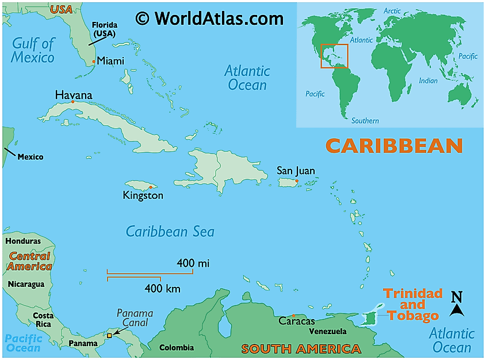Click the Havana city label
point(73,95)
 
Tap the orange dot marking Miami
point(94,61)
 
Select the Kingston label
point(143,196)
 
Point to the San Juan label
point(296,170)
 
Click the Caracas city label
point(296,321)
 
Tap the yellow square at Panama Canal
point(109,335)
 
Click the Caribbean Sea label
point(170,232)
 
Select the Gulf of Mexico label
point(33,50)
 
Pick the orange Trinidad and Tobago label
point(413,304)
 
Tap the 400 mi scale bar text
point(193,263)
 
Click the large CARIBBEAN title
point(394,146)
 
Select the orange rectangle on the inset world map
point(334,56)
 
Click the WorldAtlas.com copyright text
point(209,18)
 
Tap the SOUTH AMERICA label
point(301,349)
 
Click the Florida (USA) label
point(104,29)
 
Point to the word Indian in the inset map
point(428,81)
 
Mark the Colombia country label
point(177,347)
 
